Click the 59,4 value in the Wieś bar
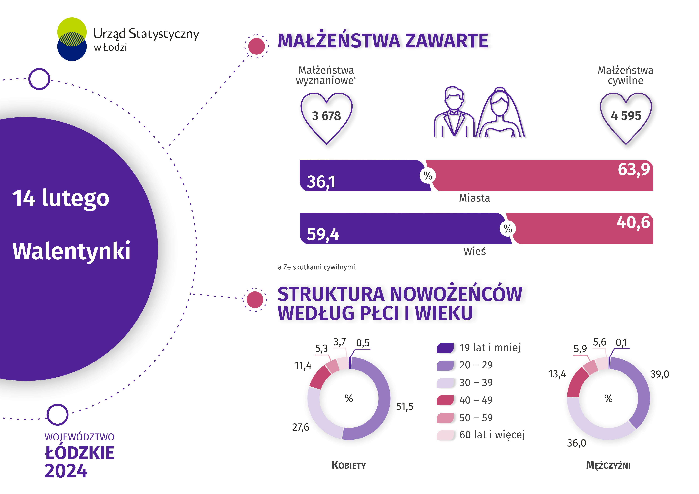point(323,234)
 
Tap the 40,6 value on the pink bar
point(633,222)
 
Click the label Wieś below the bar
point(474,252)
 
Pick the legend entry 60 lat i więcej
point(492,435)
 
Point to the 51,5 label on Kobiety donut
point(404,407)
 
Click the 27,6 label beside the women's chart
point(301,427)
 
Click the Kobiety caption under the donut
point(349,465)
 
